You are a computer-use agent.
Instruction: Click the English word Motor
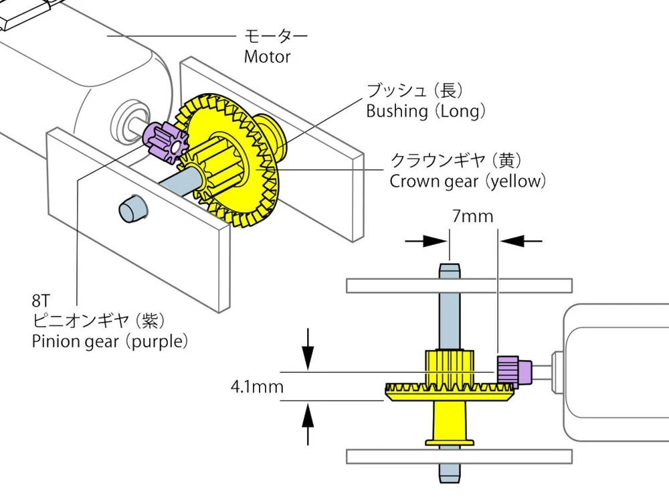coord(267,57)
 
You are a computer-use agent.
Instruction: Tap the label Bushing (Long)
coord(425,111)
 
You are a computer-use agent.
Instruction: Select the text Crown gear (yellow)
coord(468,181)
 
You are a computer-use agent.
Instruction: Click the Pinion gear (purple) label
coord(110,341)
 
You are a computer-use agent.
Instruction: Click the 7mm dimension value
coord(472,216)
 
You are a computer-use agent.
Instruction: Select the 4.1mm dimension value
coord(257,386)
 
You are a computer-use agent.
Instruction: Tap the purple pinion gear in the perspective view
coord(168,141)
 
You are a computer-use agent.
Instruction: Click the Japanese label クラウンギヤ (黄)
coord(456,161)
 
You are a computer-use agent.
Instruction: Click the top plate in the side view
coord(459,285)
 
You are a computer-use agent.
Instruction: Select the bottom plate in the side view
coord(459,456)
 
